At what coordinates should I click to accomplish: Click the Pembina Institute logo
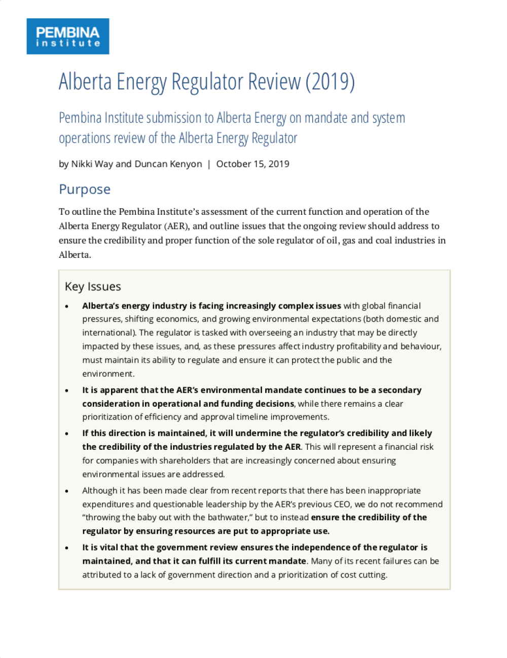pyautogui.click(x=67, y=36)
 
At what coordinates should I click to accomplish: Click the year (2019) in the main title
pyautogui.click(x=330, y=82)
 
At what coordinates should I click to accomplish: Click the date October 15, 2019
pyautogui.click(x=252, y=164)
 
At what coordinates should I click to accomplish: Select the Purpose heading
pyautogui.click(x=85, y=189)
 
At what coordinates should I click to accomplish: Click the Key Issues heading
pyautogui.click(x=93, y=287)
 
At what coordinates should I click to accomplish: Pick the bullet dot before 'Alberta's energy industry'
pyautogui.click(x=67, y=306)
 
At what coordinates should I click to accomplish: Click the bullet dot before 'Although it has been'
pyautogui.click(x=67, y=491)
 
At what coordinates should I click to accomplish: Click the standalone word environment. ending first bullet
pyautogui.click(x=108, y=374)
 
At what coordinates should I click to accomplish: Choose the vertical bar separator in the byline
pyautogui.click(x=209, y=164)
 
